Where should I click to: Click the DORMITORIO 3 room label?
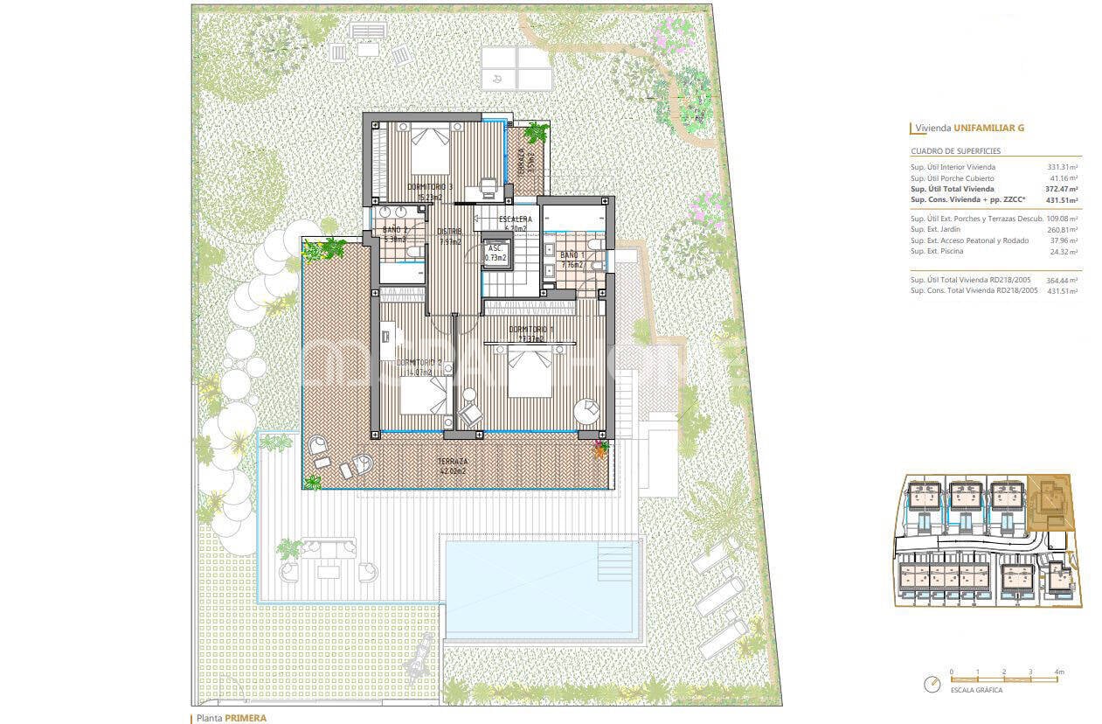429,187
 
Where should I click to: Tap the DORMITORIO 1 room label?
531,331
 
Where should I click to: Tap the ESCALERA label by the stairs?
516,219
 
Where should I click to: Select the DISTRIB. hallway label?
449,232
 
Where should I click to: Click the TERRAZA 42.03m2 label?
453,462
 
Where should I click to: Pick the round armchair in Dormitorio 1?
587,410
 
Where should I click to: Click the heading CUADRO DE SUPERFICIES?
950,151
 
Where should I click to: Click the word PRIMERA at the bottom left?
246,718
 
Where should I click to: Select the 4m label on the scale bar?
1058,672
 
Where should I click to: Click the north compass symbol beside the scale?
932,683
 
